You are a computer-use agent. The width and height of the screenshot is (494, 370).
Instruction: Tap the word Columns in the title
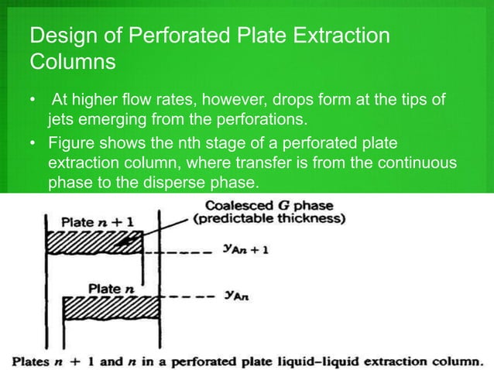point(70,61)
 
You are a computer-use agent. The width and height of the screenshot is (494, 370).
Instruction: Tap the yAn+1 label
point(243,252)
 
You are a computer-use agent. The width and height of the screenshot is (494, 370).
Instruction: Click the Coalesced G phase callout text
point(275,206)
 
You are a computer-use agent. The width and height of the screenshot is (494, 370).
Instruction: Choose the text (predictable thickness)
point(281,219)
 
